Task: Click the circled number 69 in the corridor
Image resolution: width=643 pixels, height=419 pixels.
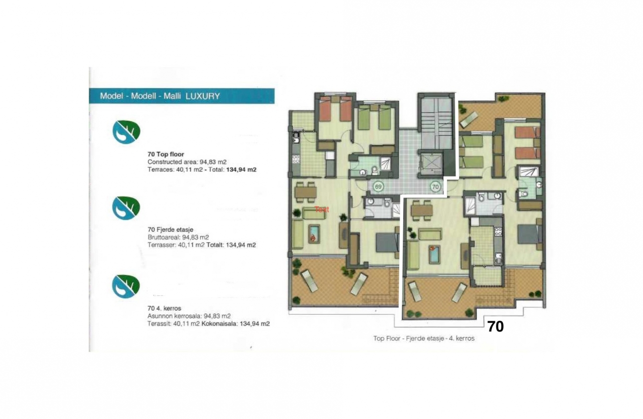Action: point(378,187)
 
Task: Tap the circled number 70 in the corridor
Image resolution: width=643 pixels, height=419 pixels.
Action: point(435,187)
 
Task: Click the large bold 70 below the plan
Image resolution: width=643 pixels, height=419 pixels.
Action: point(495,327)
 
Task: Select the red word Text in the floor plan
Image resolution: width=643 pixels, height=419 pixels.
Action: point(321,209)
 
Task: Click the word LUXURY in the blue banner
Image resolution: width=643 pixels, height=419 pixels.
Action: point(202,96)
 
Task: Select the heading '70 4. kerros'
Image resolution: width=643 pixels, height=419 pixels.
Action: point(164,308)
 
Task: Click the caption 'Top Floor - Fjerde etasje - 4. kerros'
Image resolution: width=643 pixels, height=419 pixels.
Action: point(424,338)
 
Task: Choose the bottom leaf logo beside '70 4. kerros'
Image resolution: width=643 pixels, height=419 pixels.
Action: point(126,286)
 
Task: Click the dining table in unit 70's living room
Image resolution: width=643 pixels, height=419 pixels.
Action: point(422,210)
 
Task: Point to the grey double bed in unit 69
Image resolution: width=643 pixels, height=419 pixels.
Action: point(387,243)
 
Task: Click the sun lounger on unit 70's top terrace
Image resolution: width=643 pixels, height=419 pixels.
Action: point(468,119)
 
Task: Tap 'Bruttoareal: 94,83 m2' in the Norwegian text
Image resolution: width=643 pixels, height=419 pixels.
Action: point(178,237)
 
